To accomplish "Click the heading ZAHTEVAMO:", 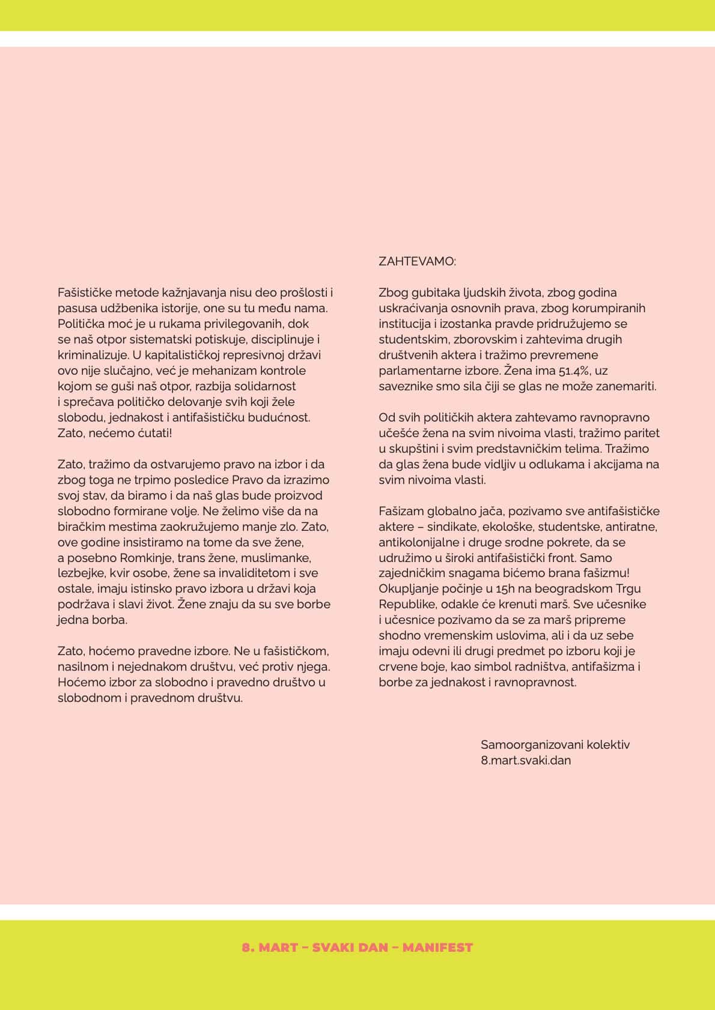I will tap(417, 262).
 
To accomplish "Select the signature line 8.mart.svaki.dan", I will tap(526, 760).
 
